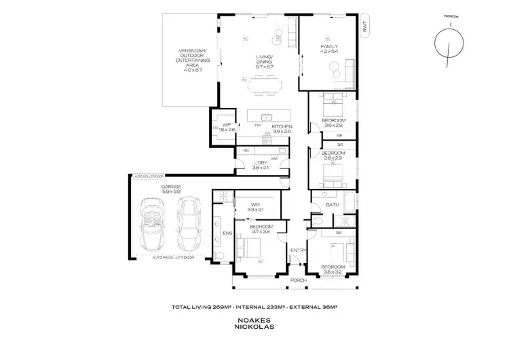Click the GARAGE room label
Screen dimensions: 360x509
[x=171, y=190]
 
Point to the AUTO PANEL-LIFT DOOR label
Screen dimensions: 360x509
[x=172, y=257]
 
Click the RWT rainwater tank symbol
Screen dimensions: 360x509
[x=364, y=28]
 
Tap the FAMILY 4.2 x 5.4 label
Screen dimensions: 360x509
[x=328, y=50]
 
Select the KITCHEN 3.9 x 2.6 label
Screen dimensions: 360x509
[x=282, y=129]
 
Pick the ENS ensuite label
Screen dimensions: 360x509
[x=226, y=233]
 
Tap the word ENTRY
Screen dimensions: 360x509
[x=297, y=250]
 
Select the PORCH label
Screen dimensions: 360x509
[x=298, y=280]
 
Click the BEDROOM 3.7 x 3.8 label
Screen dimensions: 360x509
[x=261, y=229]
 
